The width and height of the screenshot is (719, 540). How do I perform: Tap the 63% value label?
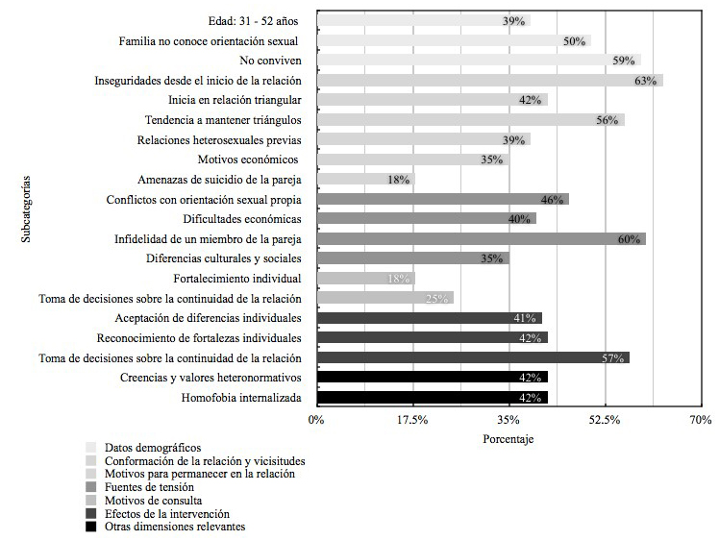(x=645, y=81)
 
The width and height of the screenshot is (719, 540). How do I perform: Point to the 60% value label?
(x=630, y=239)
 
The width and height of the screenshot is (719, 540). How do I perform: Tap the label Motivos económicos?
(x=248, y=160)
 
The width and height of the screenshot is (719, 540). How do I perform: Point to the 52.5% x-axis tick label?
(x=605, y=420)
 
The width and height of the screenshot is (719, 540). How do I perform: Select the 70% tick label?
(x=700, y=420)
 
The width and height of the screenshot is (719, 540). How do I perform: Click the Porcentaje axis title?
(x=508, y=438)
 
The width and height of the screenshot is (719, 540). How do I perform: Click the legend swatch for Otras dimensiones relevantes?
(x=90, y=527)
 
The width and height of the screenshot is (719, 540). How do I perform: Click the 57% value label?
(x=613, y=357)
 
